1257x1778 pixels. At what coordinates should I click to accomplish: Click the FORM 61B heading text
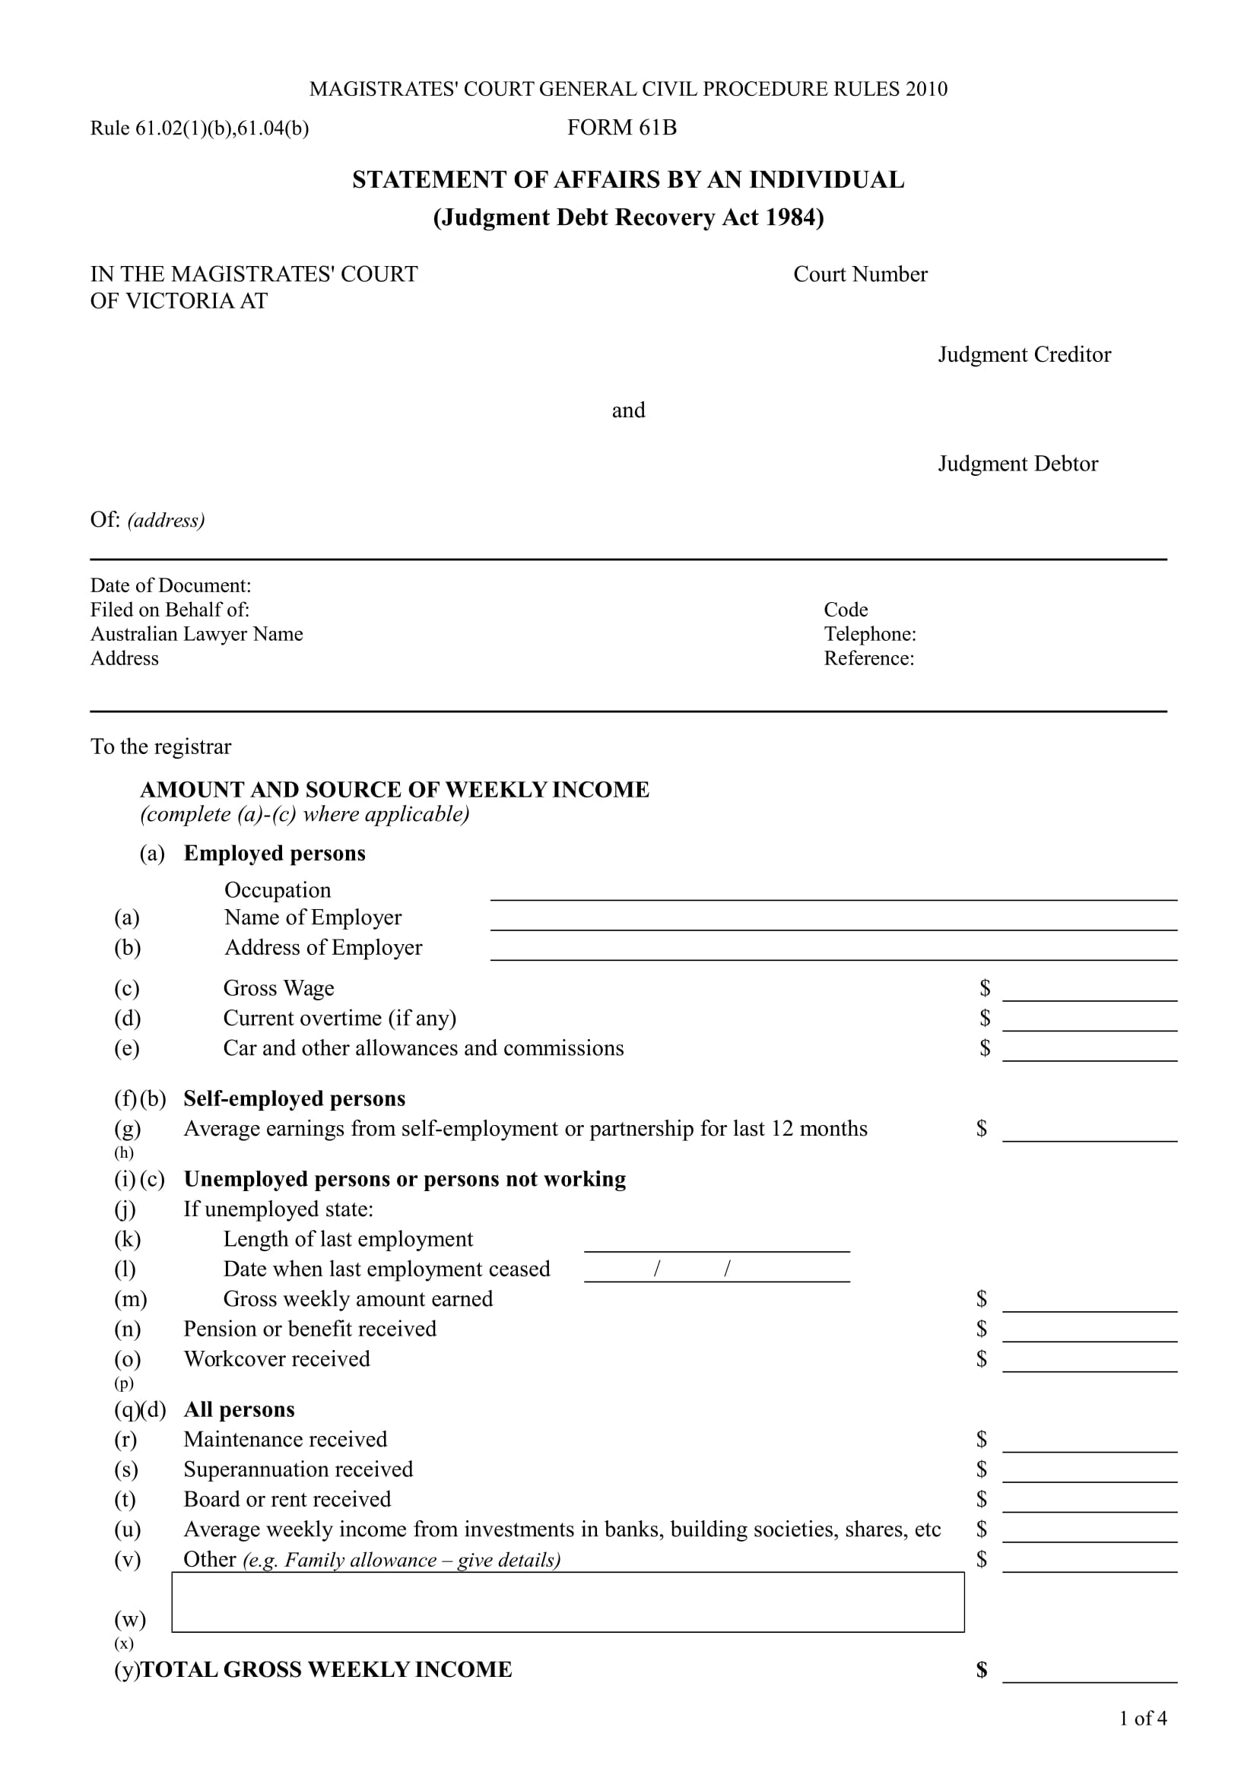pyautogui.click(x=621, y=127)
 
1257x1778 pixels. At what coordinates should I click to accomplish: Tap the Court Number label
pyautogui.click(x=860, y=274)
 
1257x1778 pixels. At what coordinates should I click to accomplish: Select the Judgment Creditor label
pyautogui.click(x=1024, y=355)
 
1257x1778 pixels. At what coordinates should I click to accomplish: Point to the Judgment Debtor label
pyautogui.click(x=1017, y=464)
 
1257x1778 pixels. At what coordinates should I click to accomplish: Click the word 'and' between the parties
pyautogui.click(x=627, y=410)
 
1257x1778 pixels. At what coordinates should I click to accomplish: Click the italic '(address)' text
pyautogui.click(x=166, y=520)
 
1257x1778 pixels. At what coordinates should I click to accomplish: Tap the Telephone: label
pyautogui.click(x=869, y=633)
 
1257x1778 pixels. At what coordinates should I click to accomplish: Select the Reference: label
pyautogui.click(x=868, y=658)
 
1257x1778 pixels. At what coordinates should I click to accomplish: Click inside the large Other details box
pyautogui.click(x=567, y=1603)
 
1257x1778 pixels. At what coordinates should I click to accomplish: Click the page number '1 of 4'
pyautogui.click(x=1141, y=1719)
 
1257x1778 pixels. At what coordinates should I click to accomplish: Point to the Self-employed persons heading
pyautogui.click(x=294, y=1099)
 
